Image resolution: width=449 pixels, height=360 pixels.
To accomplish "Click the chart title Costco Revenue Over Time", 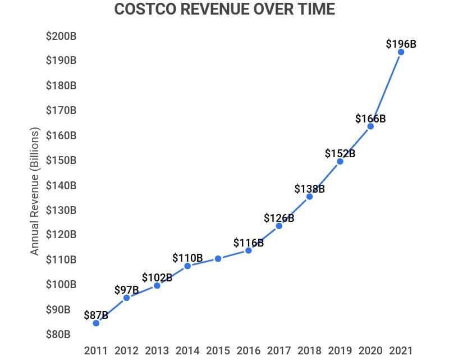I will coord(224,10).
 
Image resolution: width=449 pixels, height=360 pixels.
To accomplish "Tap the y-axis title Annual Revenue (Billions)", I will coord(35,192).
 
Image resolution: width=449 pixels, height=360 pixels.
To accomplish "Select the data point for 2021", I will coord(401,52).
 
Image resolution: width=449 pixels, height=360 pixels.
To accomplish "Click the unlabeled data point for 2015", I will coord(218,259).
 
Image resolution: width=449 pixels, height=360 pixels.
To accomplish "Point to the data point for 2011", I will coord(96,323).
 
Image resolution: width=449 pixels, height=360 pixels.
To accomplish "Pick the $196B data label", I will coord(401,43).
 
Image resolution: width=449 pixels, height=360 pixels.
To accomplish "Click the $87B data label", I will coord(96,315).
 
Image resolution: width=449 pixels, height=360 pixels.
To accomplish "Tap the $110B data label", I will coord(187,258).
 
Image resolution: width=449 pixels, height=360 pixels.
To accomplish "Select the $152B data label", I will coord(340,153).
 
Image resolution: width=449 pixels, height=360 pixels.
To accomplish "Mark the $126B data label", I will coord(279,218).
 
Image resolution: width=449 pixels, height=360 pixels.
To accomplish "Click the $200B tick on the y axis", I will coord(61,37).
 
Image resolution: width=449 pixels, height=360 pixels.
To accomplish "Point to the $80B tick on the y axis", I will coord(58,335).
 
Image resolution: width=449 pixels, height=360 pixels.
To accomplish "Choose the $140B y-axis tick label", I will coord(61,185).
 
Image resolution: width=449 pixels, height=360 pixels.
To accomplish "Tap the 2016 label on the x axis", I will coord(248,350).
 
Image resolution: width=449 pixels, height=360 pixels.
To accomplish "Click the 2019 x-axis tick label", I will coord(340,350).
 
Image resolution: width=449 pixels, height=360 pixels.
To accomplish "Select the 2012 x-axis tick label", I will coord(126,350).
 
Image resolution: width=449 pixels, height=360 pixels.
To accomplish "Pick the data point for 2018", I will coord(309,197).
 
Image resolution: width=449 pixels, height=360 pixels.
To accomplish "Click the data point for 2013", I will coord(157,286).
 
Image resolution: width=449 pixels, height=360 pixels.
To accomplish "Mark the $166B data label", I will coord(370,119).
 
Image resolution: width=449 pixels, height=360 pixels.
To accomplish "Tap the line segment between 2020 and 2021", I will coord(386,89).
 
